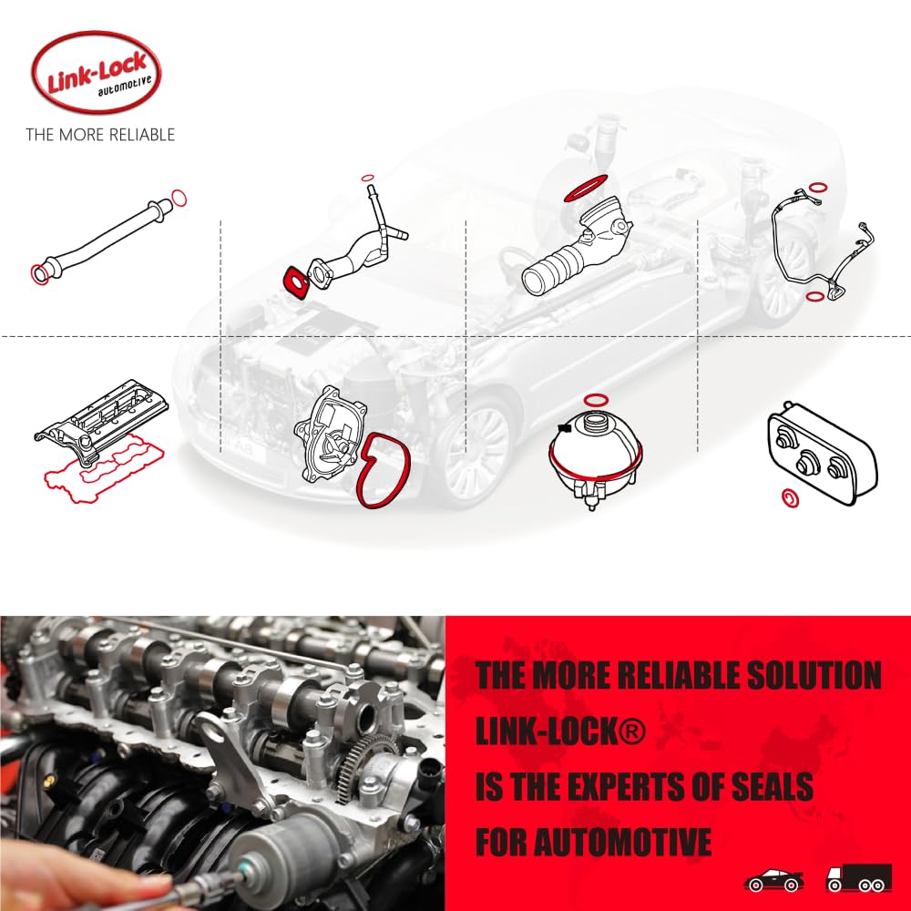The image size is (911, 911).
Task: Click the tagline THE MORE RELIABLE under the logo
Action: click(x=100, y=135)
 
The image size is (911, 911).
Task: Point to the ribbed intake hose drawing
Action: click(x=569, y=255)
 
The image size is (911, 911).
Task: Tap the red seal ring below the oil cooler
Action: click(x=789, y=498)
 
